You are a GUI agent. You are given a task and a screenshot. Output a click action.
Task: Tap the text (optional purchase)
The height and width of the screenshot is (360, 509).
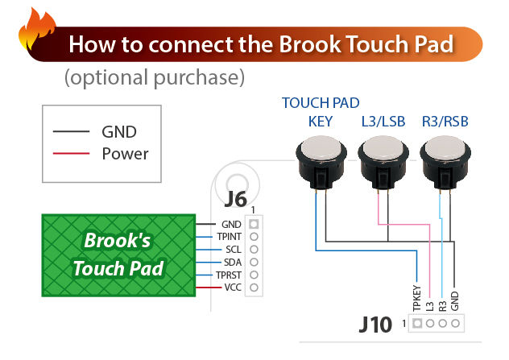pyautogui.click(x=153, y=78)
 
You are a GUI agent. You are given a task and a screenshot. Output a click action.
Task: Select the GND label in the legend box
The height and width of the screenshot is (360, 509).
pyautogui.click(x=118, y=131)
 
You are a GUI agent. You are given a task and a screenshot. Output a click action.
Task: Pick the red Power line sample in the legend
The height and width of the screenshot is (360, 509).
pyautogui.click(x=71, y=152)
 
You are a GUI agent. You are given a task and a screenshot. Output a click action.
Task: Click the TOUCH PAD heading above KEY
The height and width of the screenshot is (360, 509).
pyautogui.click(x=321, y=103)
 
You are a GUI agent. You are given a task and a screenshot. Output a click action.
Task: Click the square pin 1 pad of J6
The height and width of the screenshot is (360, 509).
pyautogui.click(x=254, y=224)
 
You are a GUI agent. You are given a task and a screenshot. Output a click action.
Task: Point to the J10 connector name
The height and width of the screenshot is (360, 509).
pyautogui.click(x=378, y=326)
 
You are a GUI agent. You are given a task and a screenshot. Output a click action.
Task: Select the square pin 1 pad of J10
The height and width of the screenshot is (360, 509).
pyautogui.click(x=417, y=325)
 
